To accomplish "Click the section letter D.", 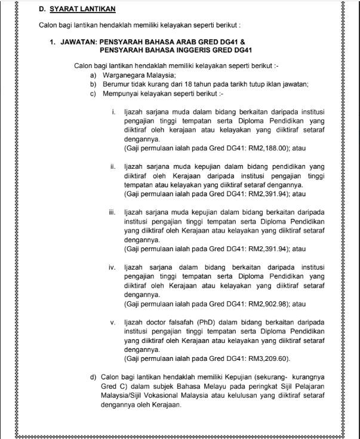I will click(x=42, y=10).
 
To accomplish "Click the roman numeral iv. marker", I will click(x=112, y=267).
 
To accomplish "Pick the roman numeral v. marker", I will click(x=113, y=322).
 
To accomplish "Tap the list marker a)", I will click(x=93, y=75).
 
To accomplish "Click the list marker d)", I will click(x=93, y=377).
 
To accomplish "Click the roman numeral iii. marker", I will click(x=112, y=212).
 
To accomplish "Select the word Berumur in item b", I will click(x=116, y=84).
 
